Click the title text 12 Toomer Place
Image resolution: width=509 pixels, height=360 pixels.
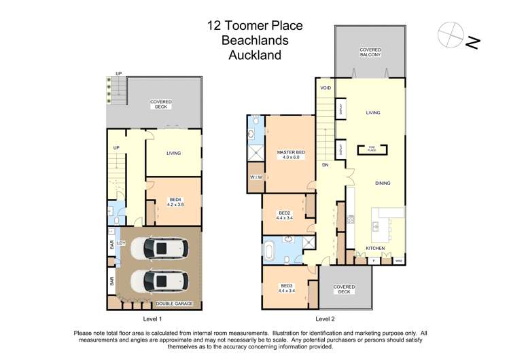255,26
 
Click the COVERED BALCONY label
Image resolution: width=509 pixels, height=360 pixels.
370,52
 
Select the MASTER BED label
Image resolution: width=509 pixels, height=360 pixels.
291,154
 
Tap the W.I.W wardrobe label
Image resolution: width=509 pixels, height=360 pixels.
256,178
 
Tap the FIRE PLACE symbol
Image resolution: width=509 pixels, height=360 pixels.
372,149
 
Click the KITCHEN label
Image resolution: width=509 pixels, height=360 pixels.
376,249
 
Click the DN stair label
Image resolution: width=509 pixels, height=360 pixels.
326,165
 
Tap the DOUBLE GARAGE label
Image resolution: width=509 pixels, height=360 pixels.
175,304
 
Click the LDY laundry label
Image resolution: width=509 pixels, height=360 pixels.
122,242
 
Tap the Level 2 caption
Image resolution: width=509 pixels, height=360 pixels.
326,319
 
